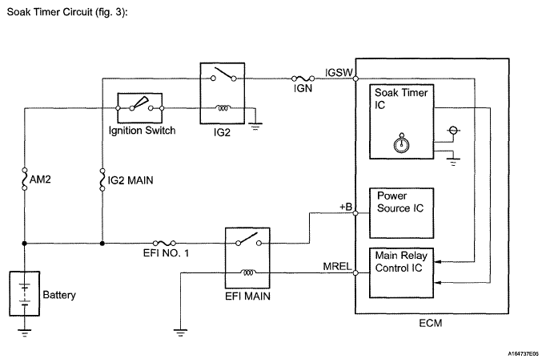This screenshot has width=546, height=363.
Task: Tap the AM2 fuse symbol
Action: click(x=24, y=179)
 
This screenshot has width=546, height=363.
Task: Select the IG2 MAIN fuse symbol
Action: click(x=102, y=179)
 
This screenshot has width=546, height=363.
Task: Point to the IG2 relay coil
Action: click(x=223, y=108)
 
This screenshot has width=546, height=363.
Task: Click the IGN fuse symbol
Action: click(x=303, y=79)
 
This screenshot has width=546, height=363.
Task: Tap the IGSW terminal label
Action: click(x=339, y=72)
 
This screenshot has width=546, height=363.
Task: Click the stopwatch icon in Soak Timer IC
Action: click(x=401, y=143)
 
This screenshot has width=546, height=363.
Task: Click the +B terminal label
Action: click(x=346, y=207)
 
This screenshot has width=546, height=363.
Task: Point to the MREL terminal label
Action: click(x=337, y=267)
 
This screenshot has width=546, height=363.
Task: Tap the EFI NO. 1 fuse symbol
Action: click(x=164, y=243)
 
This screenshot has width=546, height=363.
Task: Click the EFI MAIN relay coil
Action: click(x=247, y=272)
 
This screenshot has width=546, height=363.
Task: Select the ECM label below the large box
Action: click(x=431, y=323)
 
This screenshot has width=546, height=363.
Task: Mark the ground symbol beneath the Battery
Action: click(x=24, y=333)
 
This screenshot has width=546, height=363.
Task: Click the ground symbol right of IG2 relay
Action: click(x=256, y=126)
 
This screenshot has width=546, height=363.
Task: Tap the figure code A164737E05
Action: click(x=523, y=354)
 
